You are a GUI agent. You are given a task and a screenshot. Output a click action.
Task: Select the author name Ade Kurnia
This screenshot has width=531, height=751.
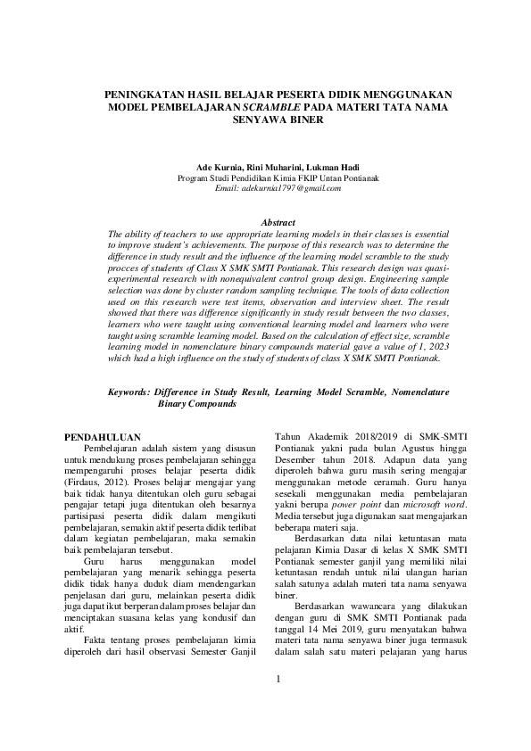[218, 167]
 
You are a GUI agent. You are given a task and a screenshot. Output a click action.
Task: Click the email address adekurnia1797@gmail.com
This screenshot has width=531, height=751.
[266, 188]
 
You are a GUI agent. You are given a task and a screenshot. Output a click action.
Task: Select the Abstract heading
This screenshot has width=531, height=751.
[265, 221]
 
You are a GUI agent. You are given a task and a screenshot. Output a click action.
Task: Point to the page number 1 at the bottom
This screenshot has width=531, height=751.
[278, 704]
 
